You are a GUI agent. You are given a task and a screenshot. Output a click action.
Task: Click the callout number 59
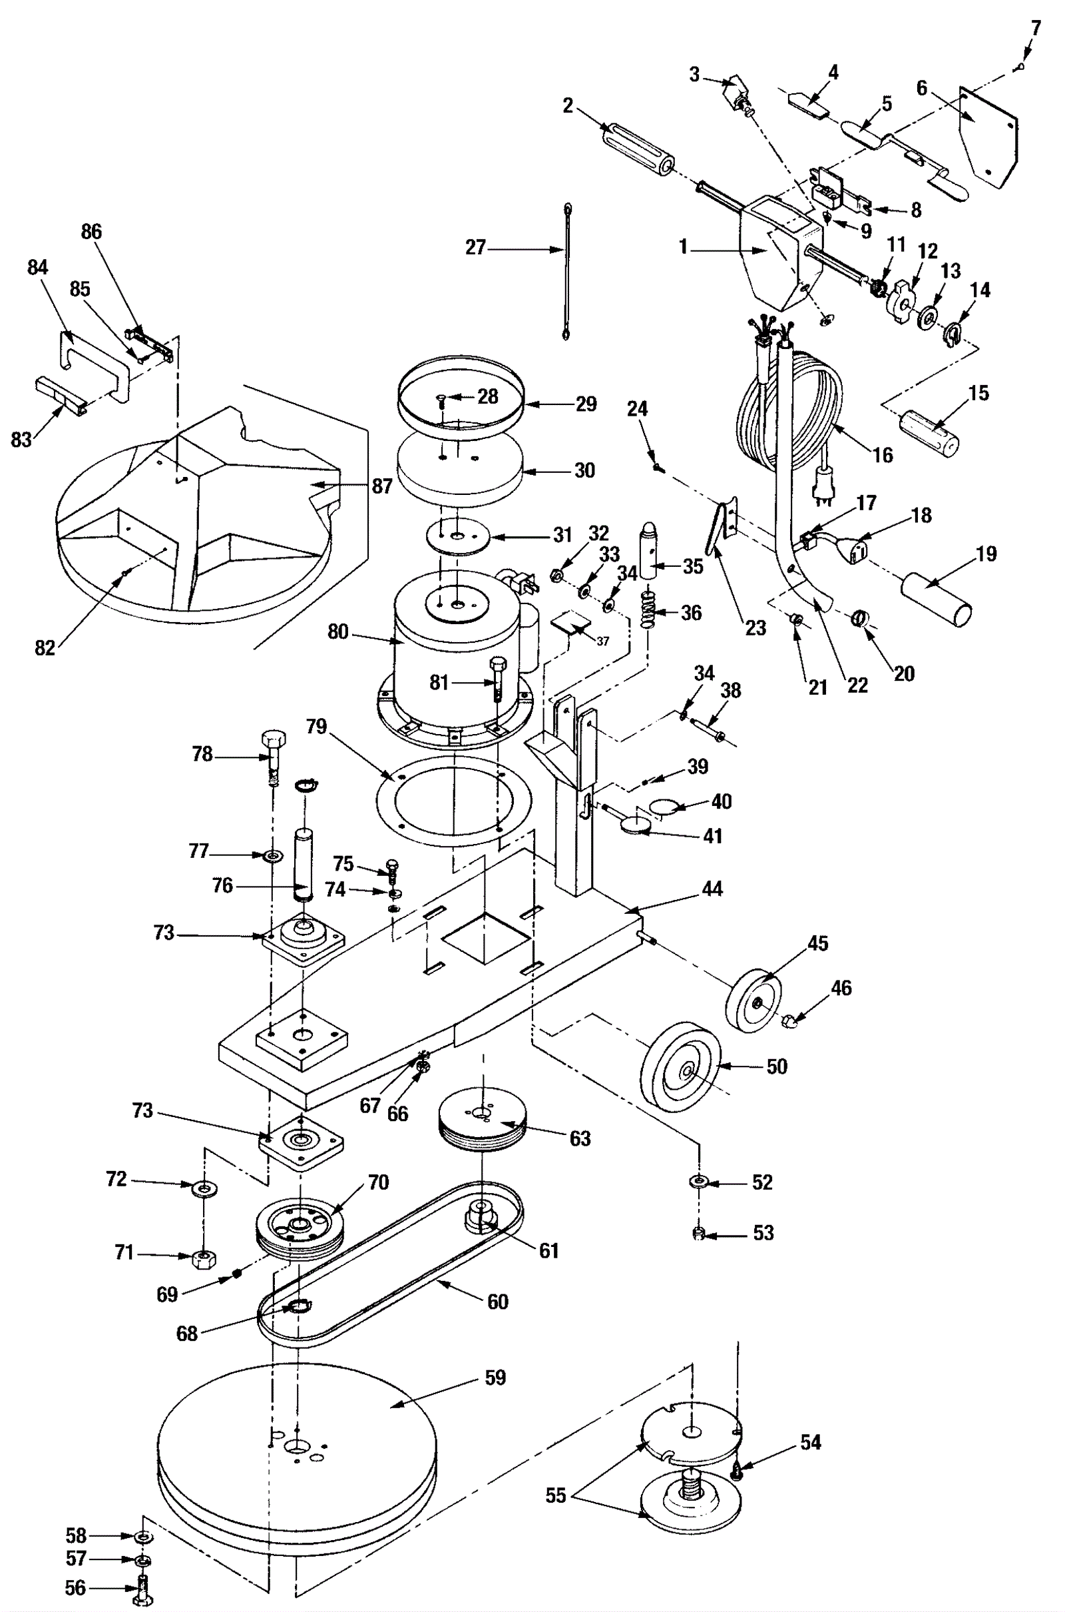(495, 1378)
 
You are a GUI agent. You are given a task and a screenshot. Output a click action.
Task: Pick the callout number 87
(381, 486)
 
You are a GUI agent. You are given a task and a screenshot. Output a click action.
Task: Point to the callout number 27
(475, 247)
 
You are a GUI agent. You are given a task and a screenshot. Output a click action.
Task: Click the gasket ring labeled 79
(454, 801)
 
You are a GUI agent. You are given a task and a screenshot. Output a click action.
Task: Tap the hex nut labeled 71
(202, 1259)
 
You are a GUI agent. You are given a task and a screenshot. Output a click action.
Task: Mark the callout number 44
(712, 888)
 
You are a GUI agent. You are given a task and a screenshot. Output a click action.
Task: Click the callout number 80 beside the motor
(337, 632)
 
